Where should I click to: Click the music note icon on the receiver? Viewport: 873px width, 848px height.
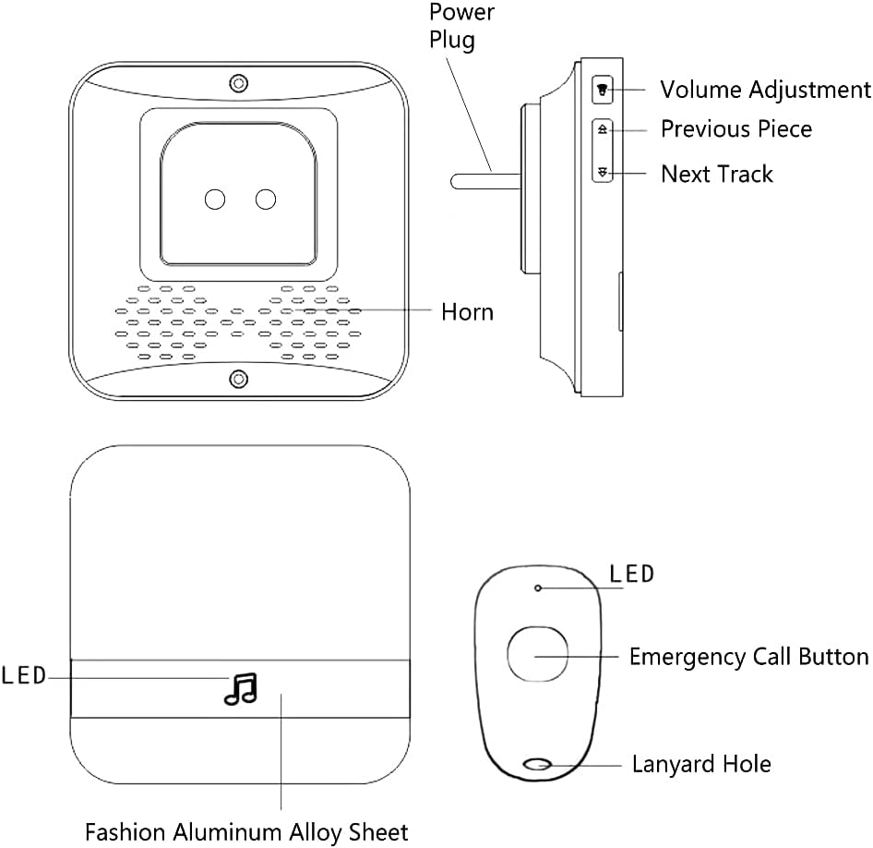(x=241, y=689)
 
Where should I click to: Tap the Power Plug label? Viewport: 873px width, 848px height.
(x=461, y=26)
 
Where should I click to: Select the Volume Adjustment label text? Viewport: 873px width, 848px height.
(x=766, y=90)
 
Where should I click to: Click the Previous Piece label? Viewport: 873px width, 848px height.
(x=736, y=129)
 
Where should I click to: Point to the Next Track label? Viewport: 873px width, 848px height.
(x=717, y=175)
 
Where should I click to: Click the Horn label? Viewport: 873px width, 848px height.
(x=467, y=312)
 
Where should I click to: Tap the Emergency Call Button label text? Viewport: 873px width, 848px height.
(x=748, y=658)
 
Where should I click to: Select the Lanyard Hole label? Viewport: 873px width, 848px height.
(x=701, y=764)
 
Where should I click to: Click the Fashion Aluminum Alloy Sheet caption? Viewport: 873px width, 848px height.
(x=246, y=832)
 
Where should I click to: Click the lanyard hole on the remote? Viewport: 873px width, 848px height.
(x=538, y=765)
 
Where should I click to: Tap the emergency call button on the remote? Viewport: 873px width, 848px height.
(x=537, y=654)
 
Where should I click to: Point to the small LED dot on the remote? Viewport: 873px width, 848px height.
(x=538, y=588)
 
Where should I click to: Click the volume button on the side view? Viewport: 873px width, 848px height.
(x=602, y=90)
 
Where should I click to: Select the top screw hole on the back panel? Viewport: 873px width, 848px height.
(x=239, y=83)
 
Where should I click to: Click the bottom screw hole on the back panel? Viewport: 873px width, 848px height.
(x=239, y=380)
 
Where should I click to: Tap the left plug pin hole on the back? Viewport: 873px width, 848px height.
(x=215, y=200)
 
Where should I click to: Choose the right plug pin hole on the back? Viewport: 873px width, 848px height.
(x=266, y=200)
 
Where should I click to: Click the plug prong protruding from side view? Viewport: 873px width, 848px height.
(x=485, y=182)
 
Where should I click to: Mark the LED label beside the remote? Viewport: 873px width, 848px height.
(x=631, y=574)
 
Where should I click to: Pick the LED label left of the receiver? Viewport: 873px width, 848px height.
(x=23, y=676)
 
